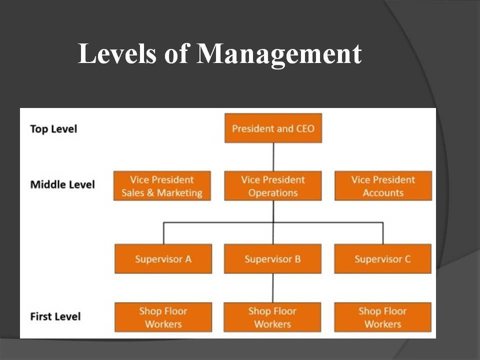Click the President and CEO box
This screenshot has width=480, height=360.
tap(273, 128)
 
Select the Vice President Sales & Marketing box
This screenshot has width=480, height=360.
tap(162, 186)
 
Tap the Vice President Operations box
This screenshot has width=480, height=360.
tap(273, 186)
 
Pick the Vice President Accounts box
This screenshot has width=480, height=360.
tap(383, 186)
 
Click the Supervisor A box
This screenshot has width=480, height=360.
tap(163, 259)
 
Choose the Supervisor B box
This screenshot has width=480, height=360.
tap(273, 259)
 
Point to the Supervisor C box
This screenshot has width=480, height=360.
tap(382, 259)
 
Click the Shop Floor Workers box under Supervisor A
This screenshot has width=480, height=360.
tap(163, 317)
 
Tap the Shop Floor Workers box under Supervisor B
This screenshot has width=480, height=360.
tap(272, 317)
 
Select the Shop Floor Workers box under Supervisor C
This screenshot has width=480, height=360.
tap(382, 317)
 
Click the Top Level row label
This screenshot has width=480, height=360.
tap(53, 129)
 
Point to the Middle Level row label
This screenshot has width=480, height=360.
tap(62, 184)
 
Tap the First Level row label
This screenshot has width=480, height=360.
tap(55, 316)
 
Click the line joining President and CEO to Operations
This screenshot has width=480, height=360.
tap(273, 157)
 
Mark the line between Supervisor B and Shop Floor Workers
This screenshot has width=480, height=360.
tap(273, 288)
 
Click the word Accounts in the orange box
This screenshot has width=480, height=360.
tap(383, 193)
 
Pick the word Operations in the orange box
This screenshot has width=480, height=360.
tap(273, 193)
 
